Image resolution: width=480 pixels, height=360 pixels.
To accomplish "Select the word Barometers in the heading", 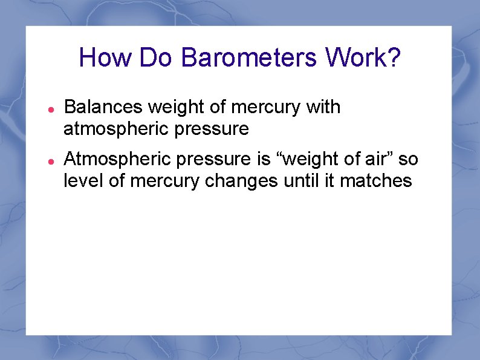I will [249, 58].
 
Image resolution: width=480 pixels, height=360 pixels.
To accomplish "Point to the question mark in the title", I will [393, 58].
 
